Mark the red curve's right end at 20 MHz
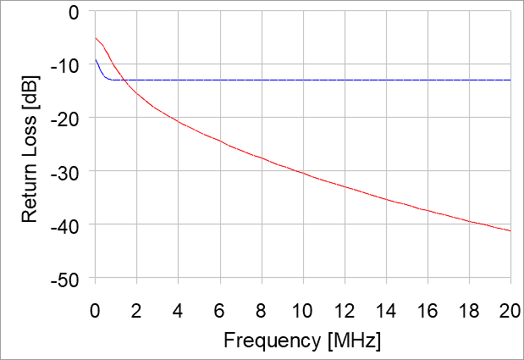(510, 230)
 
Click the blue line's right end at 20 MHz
(510, 80)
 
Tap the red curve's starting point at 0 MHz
(96, 37)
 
